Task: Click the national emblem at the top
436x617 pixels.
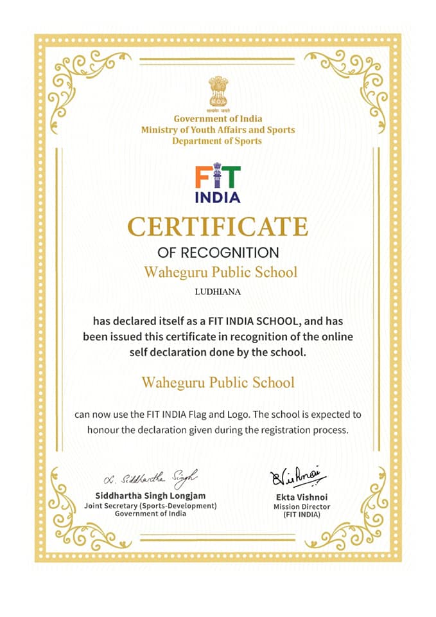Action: pos(218,92)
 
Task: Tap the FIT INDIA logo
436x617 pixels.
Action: pos(218,184)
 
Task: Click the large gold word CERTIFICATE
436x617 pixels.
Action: pos(218,226)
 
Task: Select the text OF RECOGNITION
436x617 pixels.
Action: pos(218,252)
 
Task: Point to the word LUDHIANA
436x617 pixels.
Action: pos(218,291)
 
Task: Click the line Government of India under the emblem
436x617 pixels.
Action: pos(218,119)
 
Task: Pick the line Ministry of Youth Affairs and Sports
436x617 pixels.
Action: pos(218,130)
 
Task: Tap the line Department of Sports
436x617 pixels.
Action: pos(218,141)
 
